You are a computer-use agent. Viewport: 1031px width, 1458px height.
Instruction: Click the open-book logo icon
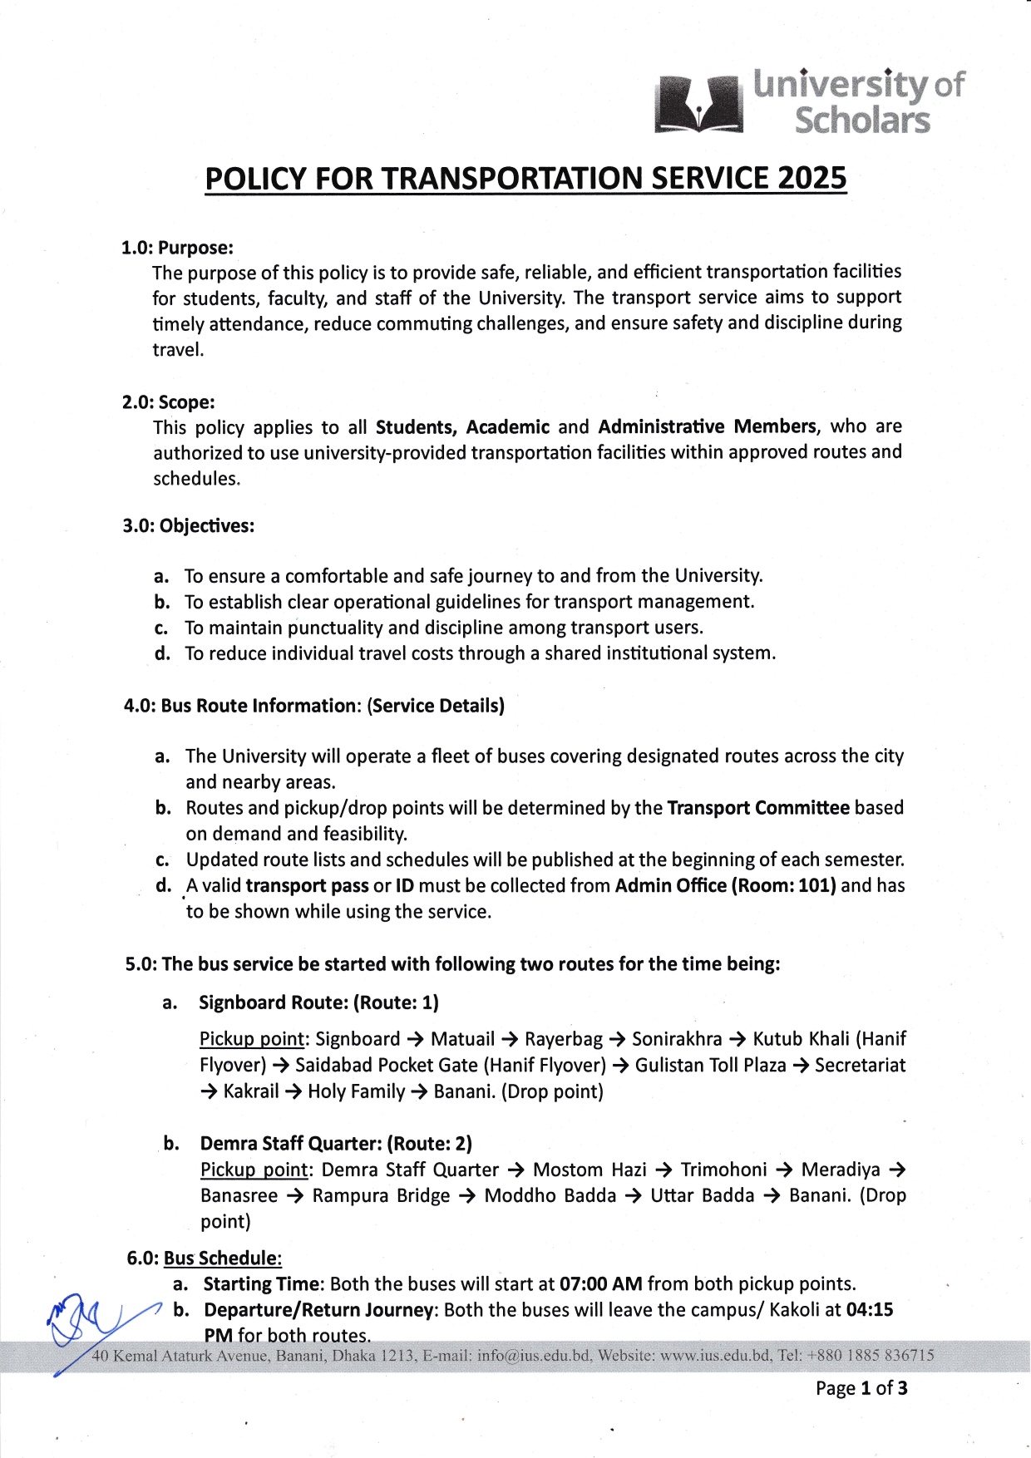click(698, 104)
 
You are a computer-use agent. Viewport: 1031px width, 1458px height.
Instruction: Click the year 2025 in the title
click(812, 179)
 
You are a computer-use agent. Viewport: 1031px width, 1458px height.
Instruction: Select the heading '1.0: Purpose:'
click(177, 248)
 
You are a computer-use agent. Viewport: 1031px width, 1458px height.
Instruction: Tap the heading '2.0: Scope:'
click(169, 402)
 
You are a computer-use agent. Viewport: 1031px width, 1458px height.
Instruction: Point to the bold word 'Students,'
click(416, 427)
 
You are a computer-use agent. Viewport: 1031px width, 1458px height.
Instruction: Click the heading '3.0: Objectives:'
click(189, 526)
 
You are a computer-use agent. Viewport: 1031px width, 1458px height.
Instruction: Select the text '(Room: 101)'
click(783, 885)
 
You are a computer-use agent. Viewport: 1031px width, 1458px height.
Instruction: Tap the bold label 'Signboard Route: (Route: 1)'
click(318, 1002)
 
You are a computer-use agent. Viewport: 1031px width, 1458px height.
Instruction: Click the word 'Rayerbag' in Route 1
click(564, 1039)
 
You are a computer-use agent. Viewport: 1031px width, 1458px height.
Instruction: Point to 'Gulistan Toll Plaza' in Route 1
click(711, 1066)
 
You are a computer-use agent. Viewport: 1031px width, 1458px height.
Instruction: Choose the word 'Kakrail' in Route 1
click(251, 1091)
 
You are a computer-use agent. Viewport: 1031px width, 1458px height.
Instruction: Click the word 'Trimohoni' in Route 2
click(723, 1170)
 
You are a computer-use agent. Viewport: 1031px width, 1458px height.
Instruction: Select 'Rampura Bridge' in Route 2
click(381, 1196)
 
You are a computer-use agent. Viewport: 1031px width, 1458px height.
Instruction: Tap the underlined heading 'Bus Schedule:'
click(223, 1259)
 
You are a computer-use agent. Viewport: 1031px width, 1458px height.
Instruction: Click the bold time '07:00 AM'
click(601, 1284)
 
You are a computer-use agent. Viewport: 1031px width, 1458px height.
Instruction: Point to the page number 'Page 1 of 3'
click(861, 1388)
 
